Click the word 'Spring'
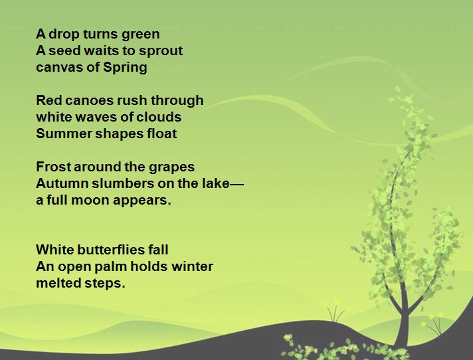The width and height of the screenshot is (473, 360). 125,68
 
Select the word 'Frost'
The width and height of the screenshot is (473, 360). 53,167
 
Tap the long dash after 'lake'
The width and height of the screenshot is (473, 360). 236,183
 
